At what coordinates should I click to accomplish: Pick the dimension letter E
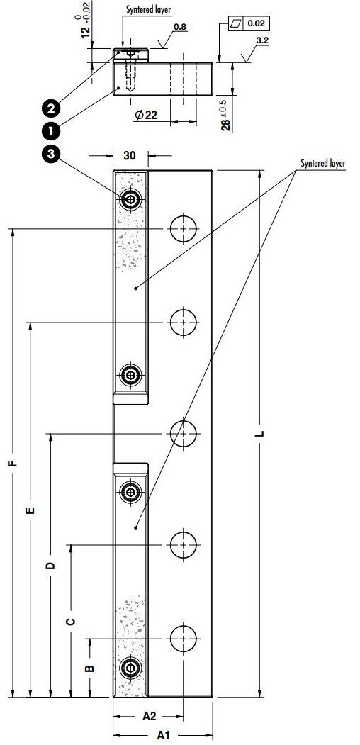point(30,510)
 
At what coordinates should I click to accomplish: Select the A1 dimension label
point(163,734)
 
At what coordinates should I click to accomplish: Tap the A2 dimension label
point(149,717)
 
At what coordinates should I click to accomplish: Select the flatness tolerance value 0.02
point(256,24)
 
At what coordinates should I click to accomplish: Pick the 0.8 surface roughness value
point(180,27)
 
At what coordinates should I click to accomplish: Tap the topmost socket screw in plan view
point(130,199)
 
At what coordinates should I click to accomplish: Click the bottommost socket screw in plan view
point(130,667)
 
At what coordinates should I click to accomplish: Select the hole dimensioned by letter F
point(184,228)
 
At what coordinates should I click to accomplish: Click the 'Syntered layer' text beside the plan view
point(322,163)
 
